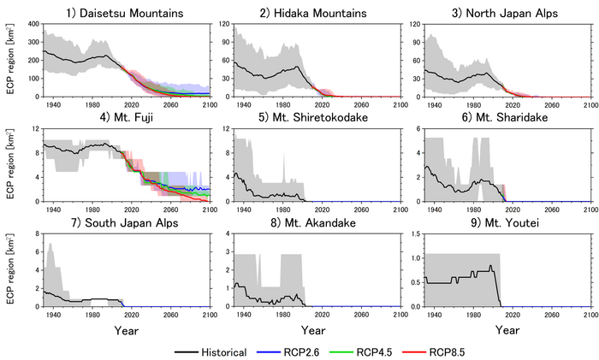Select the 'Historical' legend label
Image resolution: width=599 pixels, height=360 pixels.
tap(224, 351)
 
